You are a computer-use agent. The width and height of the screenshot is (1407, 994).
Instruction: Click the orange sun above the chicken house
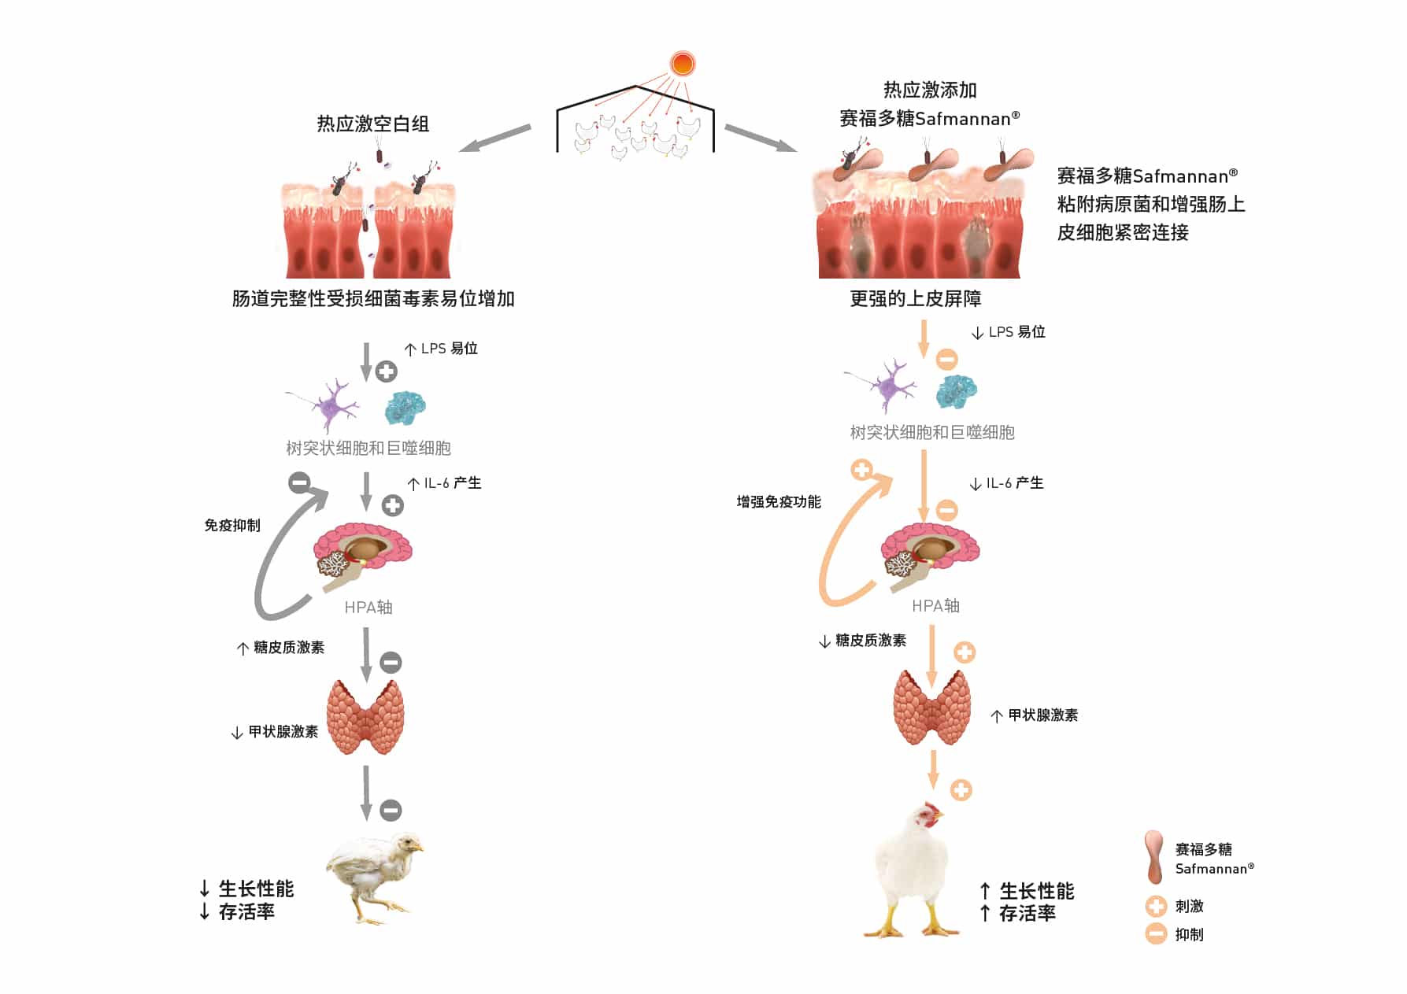[x=682, y=63]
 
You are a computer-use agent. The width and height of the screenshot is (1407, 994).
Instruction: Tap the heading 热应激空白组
[x=372, y=124]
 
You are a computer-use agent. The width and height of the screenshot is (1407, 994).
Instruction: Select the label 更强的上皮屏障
[x=915, y=298]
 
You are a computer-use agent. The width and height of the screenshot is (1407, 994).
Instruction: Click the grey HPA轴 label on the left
[x=368, y=607]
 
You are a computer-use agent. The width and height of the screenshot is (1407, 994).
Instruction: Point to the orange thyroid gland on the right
[x=931, y=707]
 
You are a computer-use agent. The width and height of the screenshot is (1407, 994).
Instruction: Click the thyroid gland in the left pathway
[x=365, y=717]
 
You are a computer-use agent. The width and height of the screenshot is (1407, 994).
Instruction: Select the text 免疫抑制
[x=232, y=525]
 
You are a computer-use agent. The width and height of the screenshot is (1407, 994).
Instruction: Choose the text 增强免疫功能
[x=778, y=501]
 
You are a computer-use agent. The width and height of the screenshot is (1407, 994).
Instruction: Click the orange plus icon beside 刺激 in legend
[x=1156, y=907]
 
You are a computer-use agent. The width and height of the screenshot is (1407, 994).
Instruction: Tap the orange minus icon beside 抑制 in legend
[x=1156, y=934]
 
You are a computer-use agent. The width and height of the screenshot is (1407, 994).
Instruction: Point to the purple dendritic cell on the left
[x=331, y=405]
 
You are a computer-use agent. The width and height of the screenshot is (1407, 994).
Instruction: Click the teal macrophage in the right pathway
[x=957, y=390]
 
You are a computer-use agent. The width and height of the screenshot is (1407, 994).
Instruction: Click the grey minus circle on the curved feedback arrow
[x=299, y=482]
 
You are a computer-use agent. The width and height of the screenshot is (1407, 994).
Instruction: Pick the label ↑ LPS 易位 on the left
[x=441, y=349]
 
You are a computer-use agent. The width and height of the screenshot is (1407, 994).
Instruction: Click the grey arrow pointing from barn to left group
[x=494, y=138]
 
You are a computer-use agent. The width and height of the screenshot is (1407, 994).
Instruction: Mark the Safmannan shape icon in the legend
[x=1154, y=857]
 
